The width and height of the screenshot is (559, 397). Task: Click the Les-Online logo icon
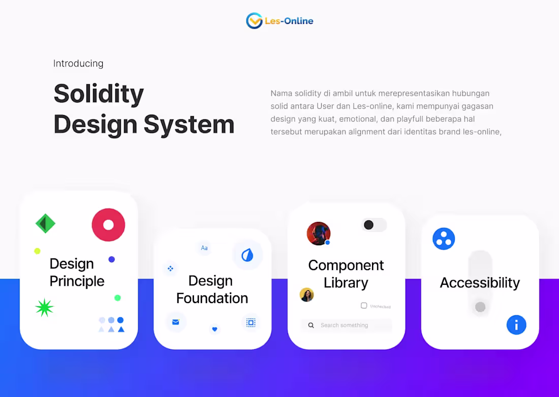[x=254, y=21]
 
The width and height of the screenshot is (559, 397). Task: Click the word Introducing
[x=78, y=63]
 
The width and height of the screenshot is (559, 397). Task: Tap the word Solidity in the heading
[x=99, y=93]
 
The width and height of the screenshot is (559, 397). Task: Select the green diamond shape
[x=45, y=223]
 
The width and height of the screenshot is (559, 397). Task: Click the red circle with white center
[x=108, y=224]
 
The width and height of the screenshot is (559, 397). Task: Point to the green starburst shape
[x=45, y=308]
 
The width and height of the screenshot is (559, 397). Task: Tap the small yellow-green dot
[x=37, y=251]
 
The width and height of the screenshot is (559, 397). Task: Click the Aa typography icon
[x=204, y=248]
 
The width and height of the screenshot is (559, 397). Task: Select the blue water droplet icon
[x=247, y=255]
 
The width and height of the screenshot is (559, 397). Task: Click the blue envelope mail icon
[x=176, y=322]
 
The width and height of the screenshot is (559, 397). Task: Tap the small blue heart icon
[x=214, y=329]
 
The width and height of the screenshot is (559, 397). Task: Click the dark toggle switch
[x=374, y=225]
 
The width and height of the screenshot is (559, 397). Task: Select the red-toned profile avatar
[x=319, y=234]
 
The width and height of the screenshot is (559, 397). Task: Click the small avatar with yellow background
[x=306, y=294]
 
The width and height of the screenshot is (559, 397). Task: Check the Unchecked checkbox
[x=364, y=306]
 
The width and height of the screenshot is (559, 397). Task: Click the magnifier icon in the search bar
[x=311, y=325]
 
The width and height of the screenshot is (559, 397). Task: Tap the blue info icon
[x=516, y=324]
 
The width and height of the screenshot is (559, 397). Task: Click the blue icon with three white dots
[x=444, y=239]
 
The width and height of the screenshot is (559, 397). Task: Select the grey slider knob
[x=480, y=307]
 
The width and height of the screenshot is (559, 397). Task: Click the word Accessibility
[x=480, y=283]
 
